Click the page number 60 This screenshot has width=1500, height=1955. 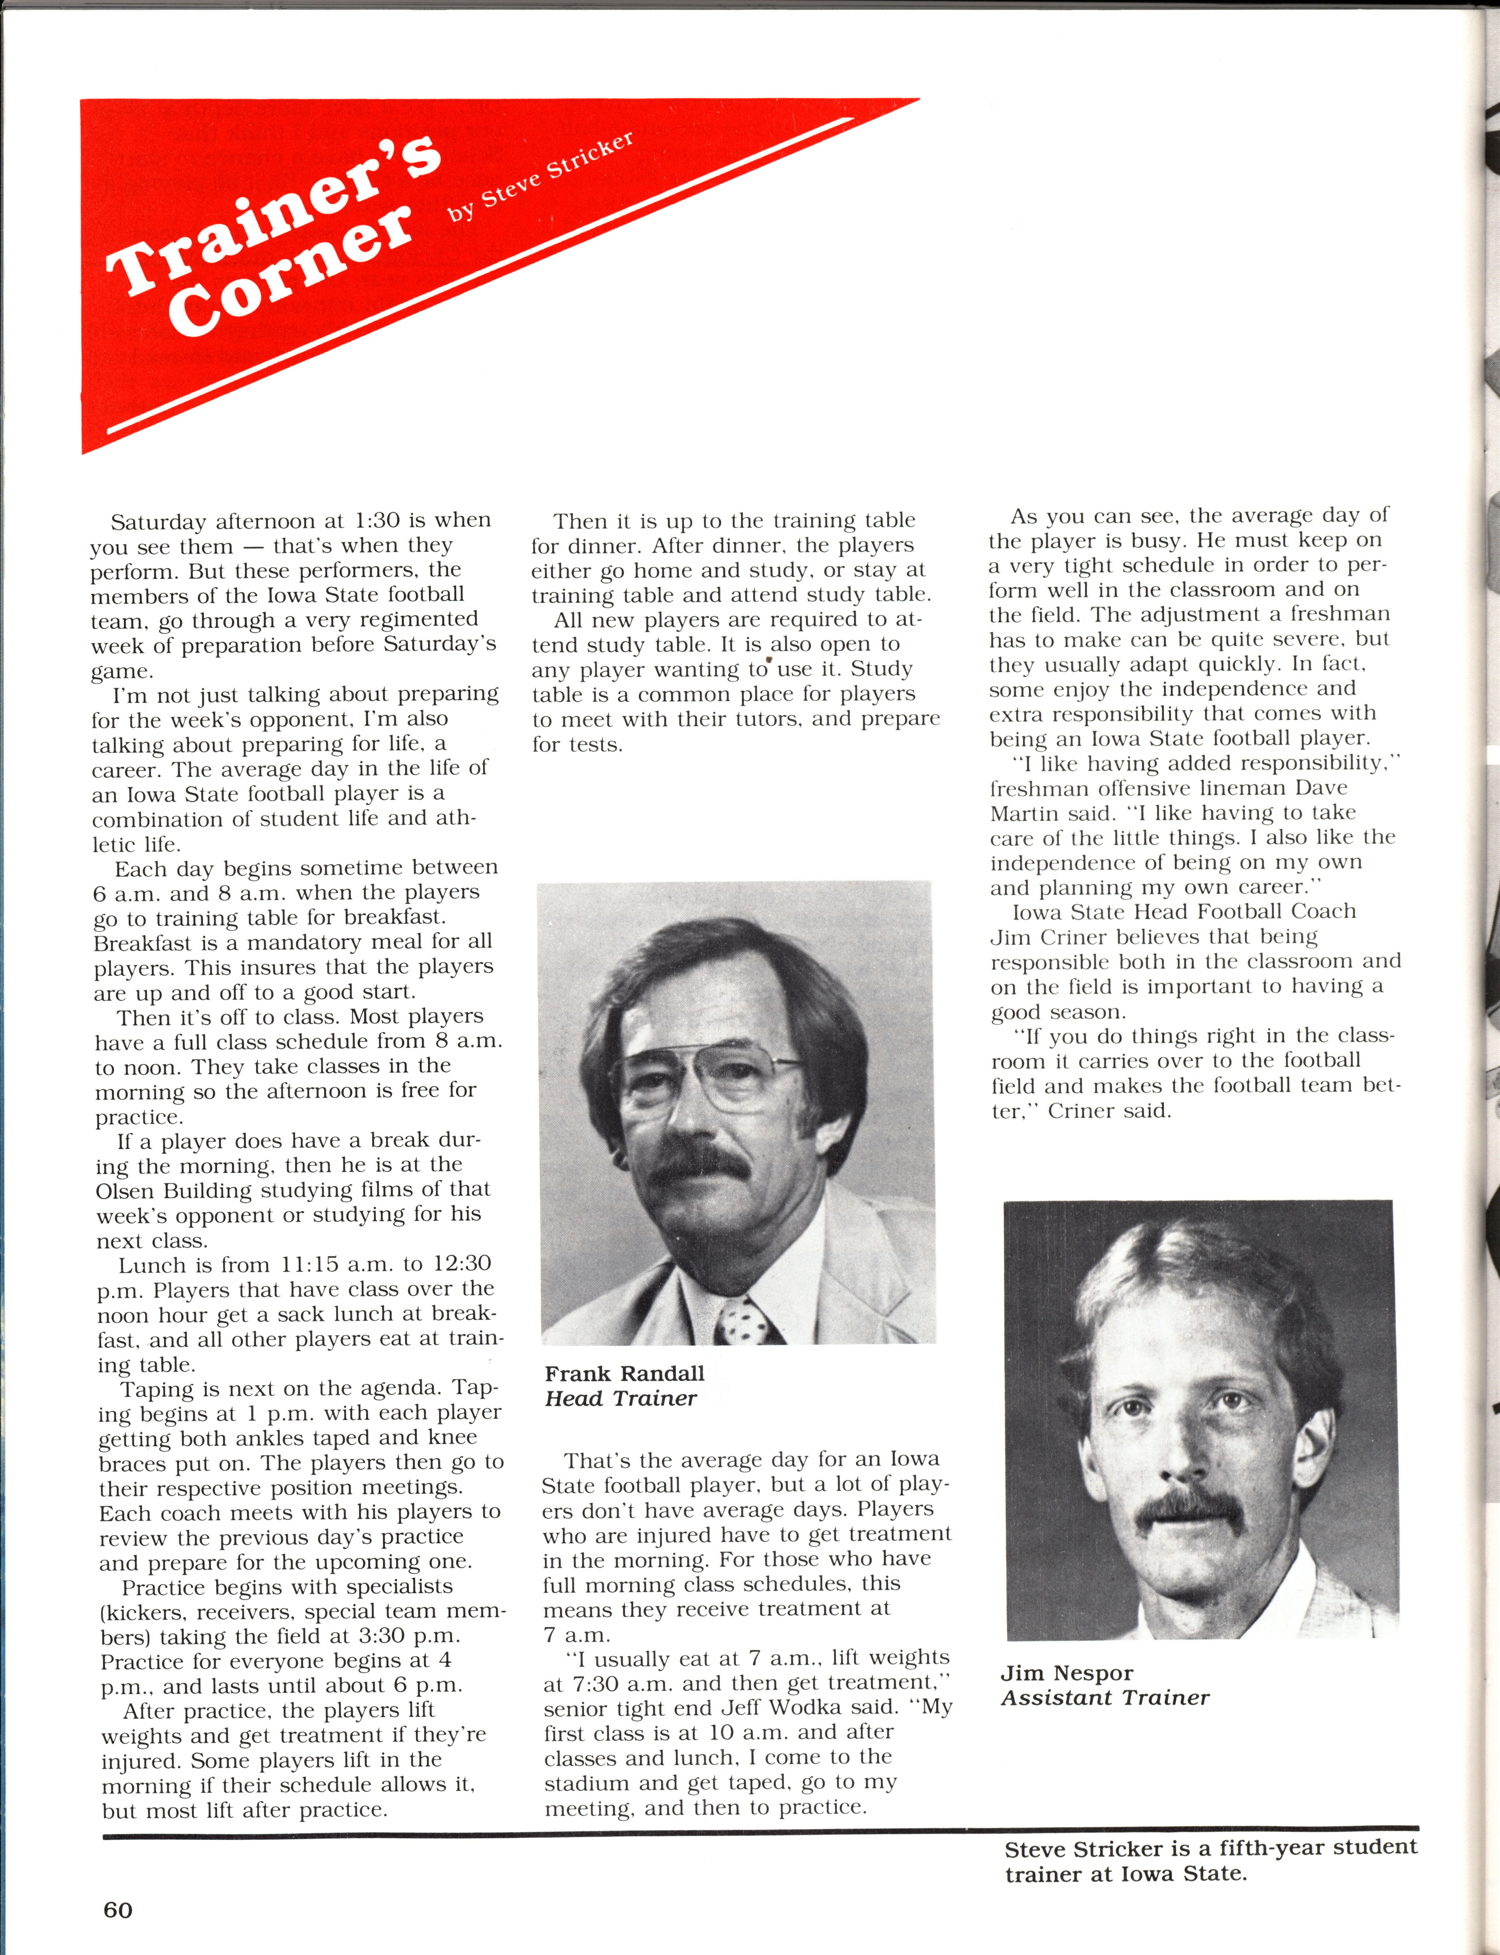pyautogui.click(x=118, y=1910)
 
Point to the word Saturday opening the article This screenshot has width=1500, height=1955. pyautogui.click(x=162, y=521)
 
